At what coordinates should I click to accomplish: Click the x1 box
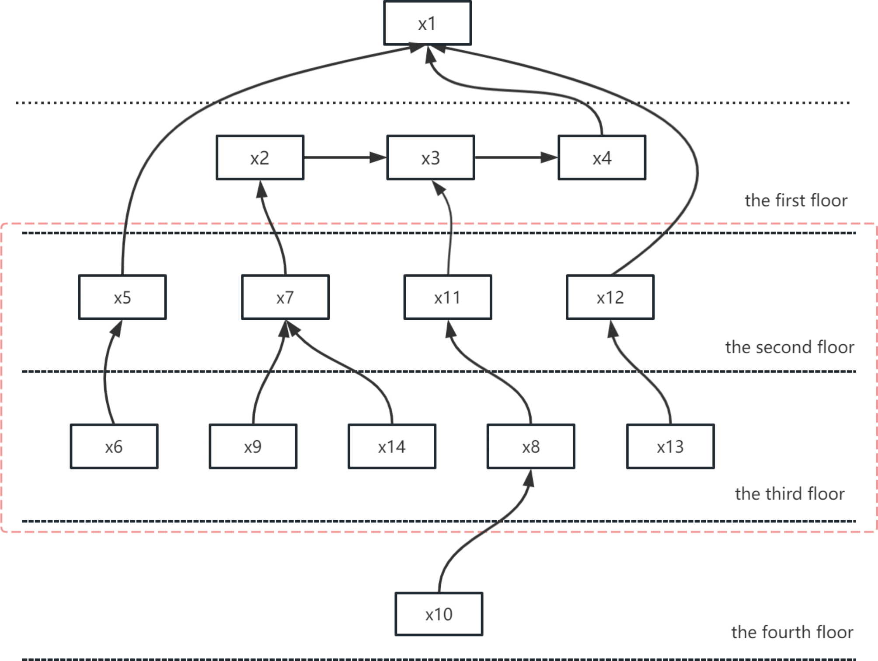click(427, 23)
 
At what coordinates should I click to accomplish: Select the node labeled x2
click(260, 157)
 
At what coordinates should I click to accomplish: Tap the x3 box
click(430, 157)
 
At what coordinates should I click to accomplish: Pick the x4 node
click(602, 157)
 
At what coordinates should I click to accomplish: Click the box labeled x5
click(122, 297)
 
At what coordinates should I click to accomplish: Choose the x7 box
click(285, 297)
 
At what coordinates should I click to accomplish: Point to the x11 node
click(448, 297)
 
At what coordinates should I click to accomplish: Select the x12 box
click(610, 297)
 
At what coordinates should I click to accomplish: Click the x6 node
click(114, 447)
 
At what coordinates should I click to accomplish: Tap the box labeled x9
click(253, 447)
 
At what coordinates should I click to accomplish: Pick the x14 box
click(392, 447)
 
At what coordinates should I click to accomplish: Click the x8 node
click(531, 447)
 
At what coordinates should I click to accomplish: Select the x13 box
click(670, 447)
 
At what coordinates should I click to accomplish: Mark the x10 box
click(439, 614)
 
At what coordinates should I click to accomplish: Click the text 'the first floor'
click(796, 200)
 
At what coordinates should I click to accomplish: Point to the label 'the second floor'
click(789, 347)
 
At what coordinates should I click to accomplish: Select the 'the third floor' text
click(789, 493)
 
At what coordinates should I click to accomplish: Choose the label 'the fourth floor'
click(792, 632)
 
